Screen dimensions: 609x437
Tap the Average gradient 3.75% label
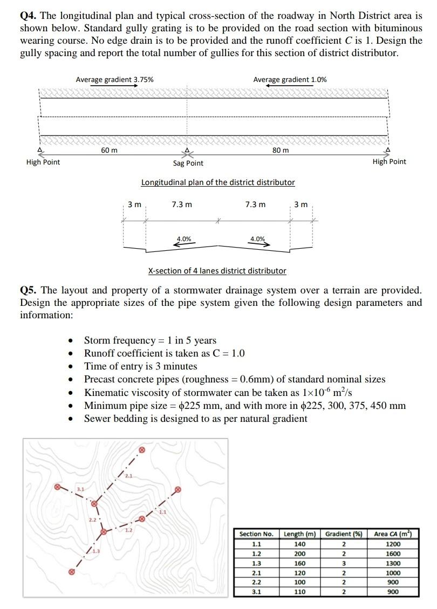(x=114, y=79)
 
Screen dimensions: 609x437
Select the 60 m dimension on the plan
(x=110, y=150)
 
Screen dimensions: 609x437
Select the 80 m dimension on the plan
(x=280, y=150)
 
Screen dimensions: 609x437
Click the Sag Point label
(x=188, y=163)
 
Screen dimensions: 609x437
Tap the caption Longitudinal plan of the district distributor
(x=218, y=182)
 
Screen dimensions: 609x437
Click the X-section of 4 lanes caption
(x=217, y=271)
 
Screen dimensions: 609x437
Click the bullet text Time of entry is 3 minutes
(x=141, y=366)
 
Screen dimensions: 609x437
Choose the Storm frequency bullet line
(x=150, y=340)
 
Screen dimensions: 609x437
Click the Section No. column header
(x=256, y=534)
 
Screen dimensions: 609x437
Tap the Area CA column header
(x=393, y=534)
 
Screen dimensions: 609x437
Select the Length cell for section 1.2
(x=299, y=554)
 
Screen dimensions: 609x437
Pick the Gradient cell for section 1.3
(x=343, y=564)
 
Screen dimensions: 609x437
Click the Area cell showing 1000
(x=393, y=573)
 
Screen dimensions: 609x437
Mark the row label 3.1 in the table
(x=256, y=592)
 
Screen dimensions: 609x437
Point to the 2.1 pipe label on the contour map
(x=128, y=475)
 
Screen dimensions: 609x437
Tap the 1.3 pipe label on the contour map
(x=95, y=550)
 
